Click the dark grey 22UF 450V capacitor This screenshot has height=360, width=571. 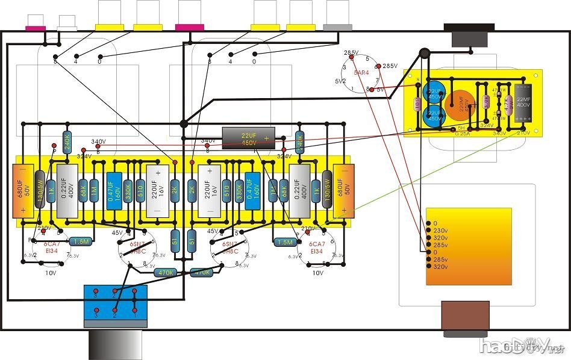pos(249,137)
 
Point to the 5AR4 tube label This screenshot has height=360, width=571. pos(361,72)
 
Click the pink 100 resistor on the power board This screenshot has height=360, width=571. pos(417,104)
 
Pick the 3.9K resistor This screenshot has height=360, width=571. pos(485,103)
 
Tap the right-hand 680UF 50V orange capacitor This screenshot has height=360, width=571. pos(343,190)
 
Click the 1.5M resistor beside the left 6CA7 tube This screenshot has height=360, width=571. pos(81,241)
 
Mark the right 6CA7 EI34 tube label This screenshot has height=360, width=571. pos(317,247)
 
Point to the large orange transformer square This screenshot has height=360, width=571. pos(469,246)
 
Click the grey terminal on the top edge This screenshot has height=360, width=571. pos(337,27)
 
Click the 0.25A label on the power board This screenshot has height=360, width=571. pos(462,134)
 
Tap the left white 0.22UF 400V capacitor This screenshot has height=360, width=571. pos(67,190)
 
